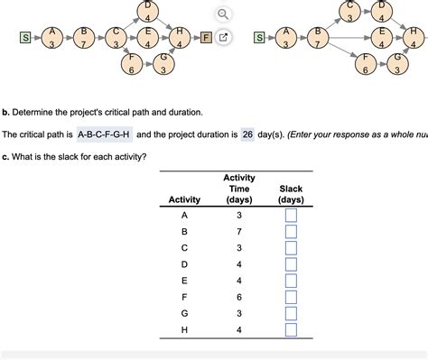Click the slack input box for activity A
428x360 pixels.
click(291, 216)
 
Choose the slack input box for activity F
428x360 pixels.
click(291, 296)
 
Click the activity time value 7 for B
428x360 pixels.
click(239, 231)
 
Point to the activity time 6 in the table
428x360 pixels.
click(239, 296)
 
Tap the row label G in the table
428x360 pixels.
click(184, 312)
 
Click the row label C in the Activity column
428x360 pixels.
click(184, 247)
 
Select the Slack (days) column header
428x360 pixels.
click(291, 192)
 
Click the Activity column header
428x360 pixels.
click(184, 198)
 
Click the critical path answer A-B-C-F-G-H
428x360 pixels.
click(105, 134)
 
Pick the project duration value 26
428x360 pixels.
click(247, 134)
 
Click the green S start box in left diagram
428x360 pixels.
click(26, 38)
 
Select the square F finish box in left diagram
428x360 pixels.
click(206, 38)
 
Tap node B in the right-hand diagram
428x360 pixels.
click(317, 38)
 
